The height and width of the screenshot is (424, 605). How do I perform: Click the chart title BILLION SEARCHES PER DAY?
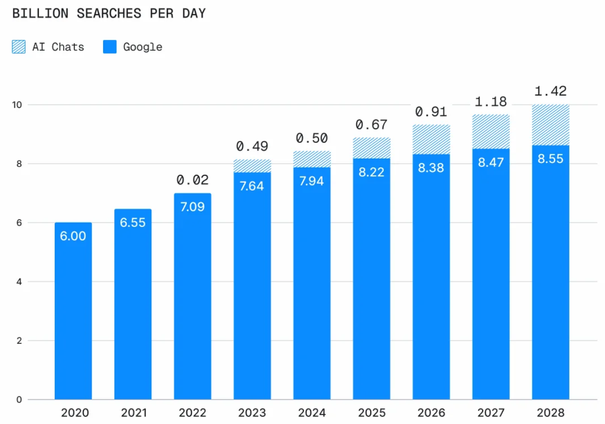[x=108, y=14]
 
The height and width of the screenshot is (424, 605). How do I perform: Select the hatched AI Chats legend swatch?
[x=19, y=47]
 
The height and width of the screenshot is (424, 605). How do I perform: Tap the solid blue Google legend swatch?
[x=109, y=47]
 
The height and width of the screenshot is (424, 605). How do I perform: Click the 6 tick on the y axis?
[x=18, y=223]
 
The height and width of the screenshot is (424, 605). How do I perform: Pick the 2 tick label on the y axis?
[x=18, y=341]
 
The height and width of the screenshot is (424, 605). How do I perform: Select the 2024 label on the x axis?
[x=312, y=413]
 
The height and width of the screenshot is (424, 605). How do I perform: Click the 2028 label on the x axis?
[x=550, y=413]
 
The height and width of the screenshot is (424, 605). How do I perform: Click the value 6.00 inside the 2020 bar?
[x=73, y=236]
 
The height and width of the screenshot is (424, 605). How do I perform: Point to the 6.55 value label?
[x=133, y=222]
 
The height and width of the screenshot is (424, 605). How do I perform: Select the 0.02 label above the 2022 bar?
[x=192, y=180]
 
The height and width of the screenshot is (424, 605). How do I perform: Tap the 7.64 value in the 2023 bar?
[x=252, y=186]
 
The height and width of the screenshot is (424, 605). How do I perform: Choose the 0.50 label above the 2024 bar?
[x=312, y=138]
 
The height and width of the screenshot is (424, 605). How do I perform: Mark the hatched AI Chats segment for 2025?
[x=371, y=148]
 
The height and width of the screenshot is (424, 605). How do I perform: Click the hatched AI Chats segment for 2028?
[x=550, y=125]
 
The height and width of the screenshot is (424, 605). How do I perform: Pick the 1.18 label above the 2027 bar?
[x=491, y=102]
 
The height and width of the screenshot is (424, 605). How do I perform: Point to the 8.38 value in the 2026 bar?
[x=431, y=168]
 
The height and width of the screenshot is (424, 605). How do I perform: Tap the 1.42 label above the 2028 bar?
[x=550, y=91]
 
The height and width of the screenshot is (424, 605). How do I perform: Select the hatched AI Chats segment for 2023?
[x=252, y=166]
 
